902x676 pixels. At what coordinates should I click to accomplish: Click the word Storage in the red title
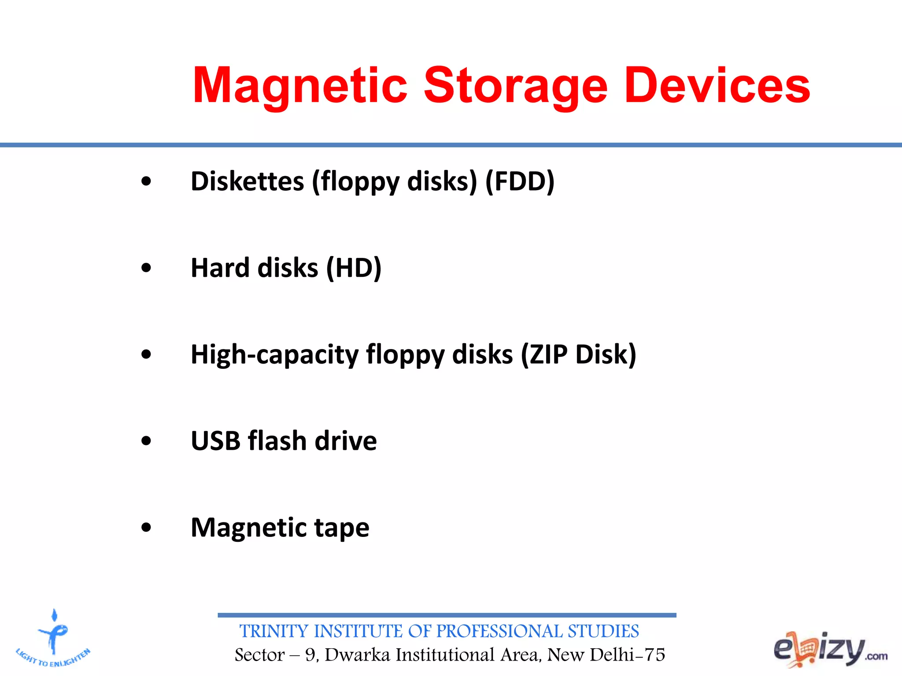(x=515, y=86)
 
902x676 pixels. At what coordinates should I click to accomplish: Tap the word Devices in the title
(x=717, y=86)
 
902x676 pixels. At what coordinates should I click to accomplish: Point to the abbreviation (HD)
(x=354, y=268)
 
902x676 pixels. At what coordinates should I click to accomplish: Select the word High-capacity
(x=275, y=355)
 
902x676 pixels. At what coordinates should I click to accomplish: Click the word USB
(x=215, y=441)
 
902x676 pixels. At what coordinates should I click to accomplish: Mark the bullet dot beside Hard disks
(x=146, y=268)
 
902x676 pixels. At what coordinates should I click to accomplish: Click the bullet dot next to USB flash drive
(x=146, y=441)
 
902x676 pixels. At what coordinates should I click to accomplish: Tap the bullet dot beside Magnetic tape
(x=146, y=527)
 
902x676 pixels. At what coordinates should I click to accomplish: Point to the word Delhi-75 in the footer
(x=627, y=655)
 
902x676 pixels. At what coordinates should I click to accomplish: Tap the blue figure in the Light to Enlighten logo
(x=54, y=634)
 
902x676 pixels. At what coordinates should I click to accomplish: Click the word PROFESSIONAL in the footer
(x=499, y=631)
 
